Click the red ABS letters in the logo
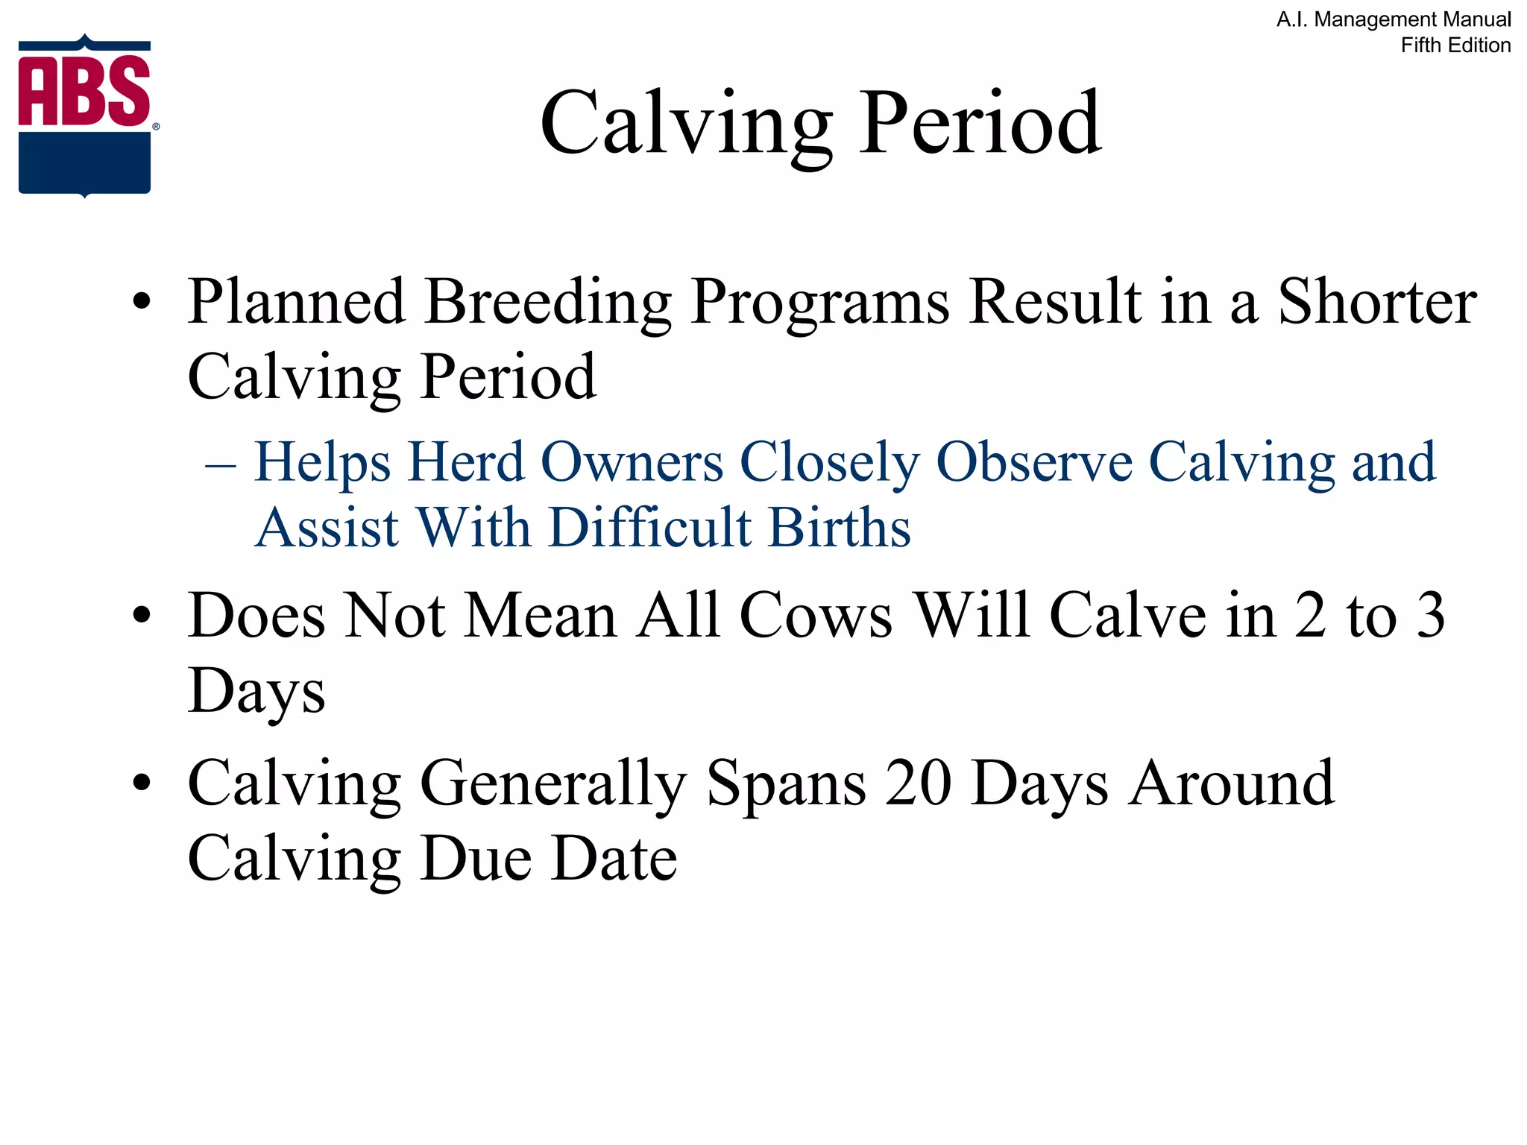click(84, 91)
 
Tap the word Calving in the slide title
click(686, 123)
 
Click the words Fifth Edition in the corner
click(1455, 45)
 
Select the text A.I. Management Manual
click(1394, 19)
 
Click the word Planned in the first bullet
click(296, 301)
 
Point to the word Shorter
click(1377, 301)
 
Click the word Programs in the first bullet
click(820, 303)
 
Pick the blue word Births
click(840, 527)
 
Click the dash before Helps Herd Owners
click(221, 465)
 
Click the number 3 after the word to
click(1430, 616)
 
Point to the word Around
click(1230, 783)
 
